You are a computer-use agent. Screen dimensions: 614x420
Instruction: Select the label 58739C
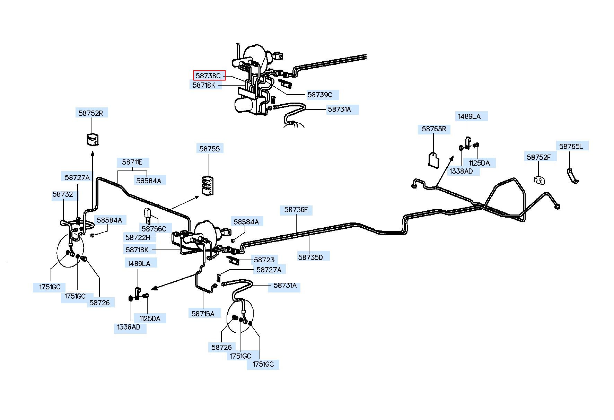pos(320,95)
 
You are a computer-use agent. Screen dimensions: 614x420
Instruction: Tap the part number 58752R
pos(91,113)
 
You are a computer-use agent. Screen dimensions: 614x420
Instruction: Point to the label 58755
pos(210,149)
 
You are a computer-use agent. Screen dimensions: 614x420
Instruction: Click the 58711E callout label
pos(132,162)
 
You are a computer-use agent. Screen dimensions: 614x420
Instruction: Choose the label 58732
pos(63,194)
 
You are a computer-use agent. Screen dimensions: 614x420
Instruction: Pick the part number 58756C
pos(154,229)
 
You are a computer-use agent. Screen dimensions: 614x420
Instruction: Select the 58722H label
pos(138,237)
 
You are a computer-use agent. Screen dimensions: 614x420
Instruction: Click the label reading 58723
pos(264,260)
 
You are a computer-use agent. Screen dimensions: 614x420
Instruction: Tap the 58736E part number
pos(296,210)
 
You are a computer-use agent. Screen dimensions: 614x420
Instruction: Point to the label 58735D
pos(310,257)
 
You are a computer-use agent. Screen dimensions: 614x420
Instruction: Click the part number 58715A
pos(203,314)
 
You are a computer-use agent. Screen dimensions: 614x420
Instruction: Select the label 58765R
pos(434,129)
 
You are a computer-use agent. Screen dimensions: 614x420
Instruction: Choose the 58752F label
pos(539,157)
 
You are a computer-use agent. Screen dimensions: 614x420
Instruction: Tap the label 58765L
pos(571,146)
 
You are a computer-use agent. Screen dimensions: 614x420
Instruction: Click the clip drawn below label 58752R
pos(92,139)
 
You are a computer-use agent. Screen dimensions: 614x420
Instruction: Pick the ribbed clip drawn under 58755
pos(207,185)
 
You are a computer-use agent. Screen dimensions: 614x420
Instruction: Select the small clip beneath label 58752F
pos(539,180)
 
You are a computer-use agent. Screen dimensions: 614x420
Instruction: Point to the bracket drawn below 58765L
pos(573,176)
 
